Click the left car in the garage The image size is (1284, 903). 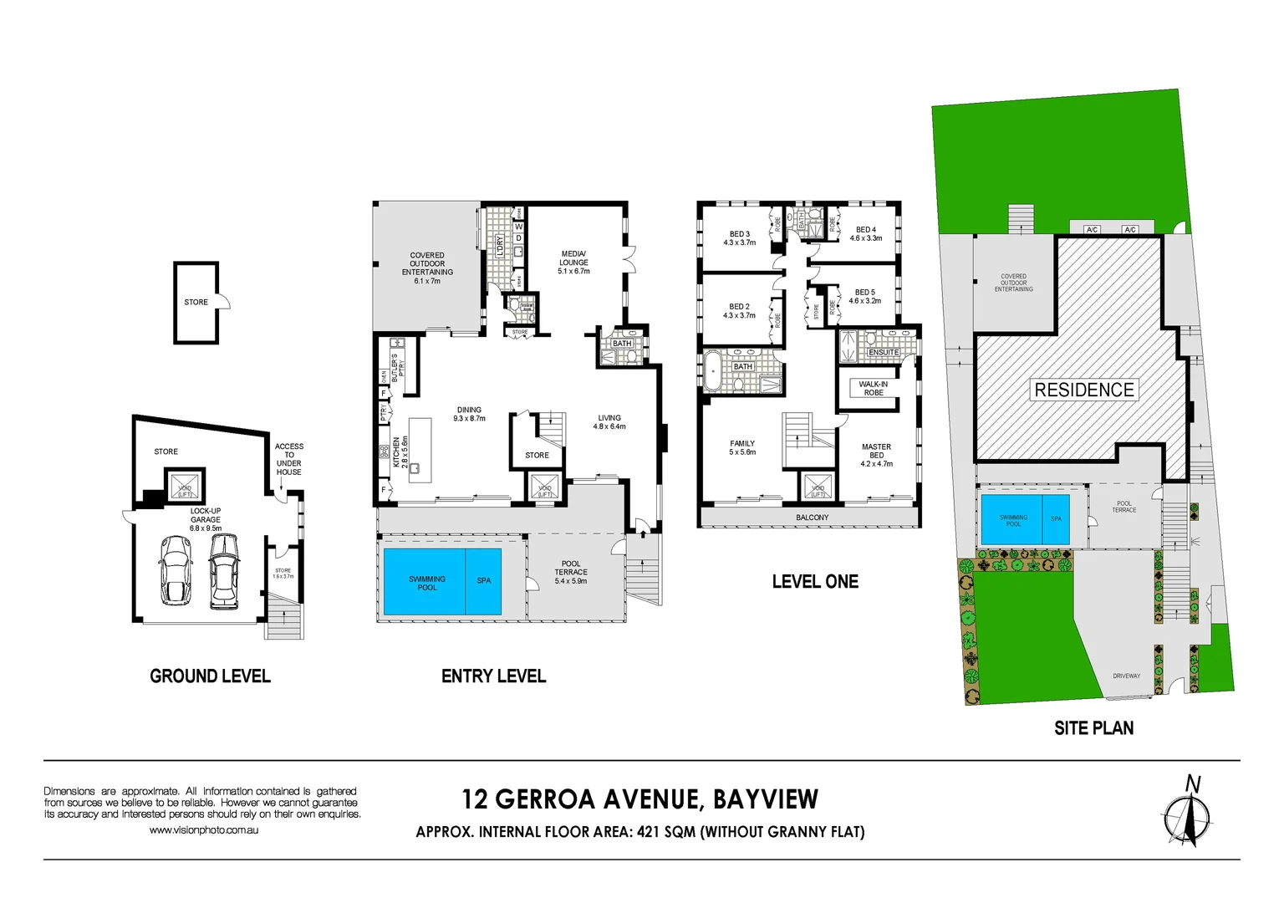[176, 570]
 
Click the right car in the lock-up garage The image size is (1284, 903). [224, 570]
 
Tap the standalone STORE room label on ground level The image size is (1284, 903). [196, 302]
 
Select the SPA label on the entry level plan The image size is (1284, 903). [484, 580]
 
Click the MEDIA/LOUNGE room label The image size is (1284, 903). [573, 262]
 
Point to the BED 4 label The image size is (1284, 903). [865, 233]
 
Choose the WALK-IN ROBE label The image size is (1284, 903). [874, 388]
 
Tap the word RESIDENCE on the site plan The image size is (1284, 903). [1084, 390]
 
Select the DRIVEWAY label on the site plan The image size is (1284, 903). [1126, 676]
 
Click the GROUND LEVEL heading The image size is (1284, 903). [210, 676]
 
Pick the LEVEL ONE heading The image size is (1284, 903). [815, 581]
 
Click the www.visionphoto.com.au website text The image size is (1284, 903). [203, 830]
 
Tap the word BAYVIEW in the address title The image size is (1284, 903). [766, 799]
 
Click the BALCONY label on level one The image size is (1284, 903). [812, 518]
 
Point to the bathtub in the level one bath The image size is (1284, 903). [713, 371]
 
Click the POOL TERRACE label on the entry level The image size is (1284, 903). [571, 572]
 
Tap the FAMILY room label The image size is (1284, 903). [741, 447]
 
